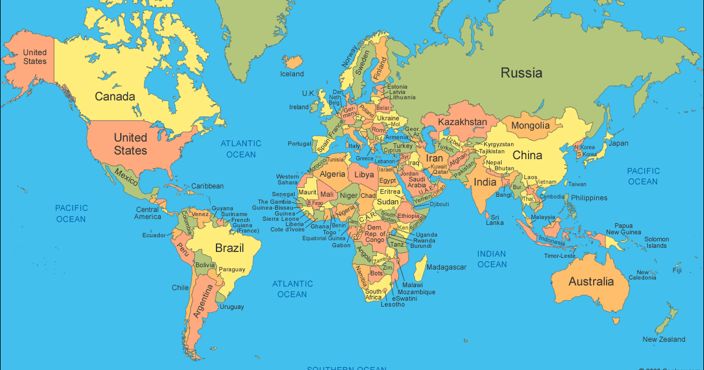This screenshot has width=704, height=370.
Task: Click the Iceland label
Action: click(292, 74)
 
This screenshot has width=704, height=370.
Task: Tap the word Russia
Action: click(521, 73)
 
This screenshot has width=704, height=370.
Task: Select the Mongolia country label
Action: click(530, 125)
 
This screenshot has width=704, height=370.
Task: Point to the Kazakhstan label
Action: click(463, 122)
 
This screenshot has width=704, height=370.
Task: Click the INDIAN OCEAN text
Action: click(492, 259)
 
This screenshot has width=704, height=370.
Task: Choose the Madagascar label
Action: click(446, 267)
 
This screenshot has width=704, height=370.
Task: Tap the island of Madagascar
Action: click(420, 271)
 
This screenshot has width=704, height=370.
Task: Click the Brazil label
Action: click(229, 248)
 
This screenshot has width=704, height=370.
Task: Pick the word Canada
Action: click(115, 96)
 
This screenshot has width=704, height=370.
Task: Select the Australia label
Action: click(591, 281)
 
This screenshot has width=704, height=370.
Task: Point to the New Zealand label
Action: click(664, 339)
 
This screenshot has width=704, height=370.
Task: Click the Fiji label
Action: click(677, 271)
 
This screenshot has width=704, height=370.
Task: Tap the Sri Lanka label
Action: click(495, 219)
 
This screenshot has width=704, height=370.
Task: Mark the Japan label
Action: click(618, 143)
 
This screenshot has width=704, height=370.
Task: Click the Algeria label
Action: click(333, 174)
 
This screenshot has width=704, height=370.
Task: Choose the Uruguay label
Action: click(232, 307)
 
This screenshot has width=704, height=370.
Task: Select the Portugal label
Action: click(299, 144)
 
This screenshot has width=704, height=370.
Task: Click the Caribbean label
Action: click(207, 186)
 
